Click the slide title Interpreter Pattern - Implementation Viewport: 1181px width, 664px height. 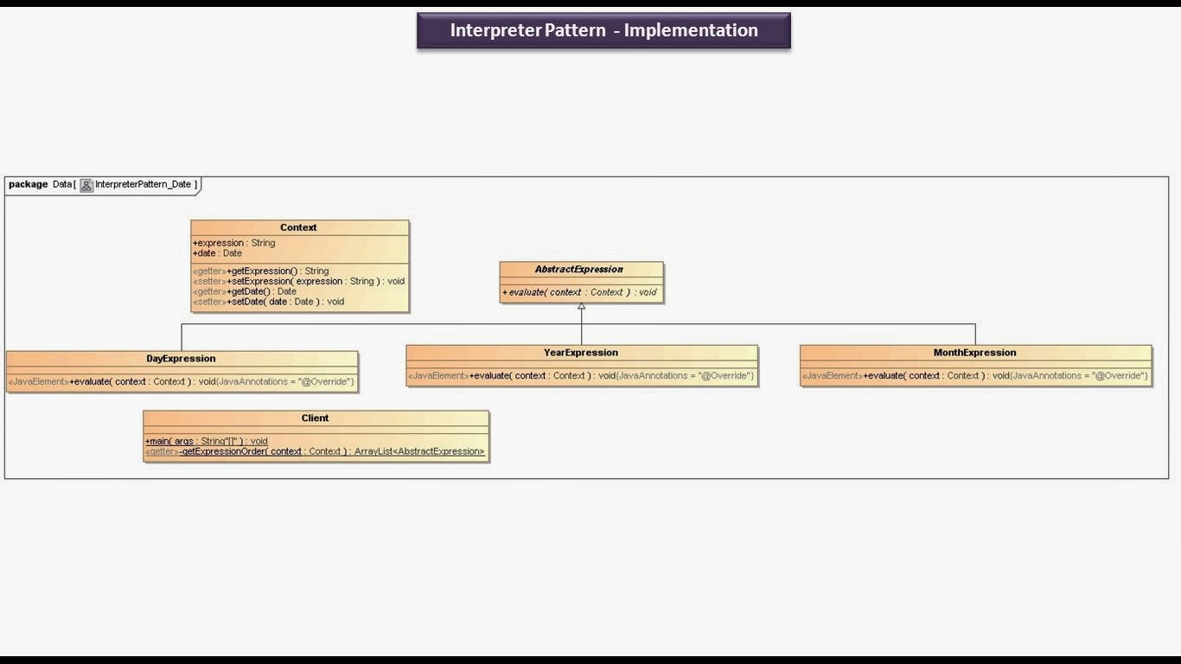(603, 30)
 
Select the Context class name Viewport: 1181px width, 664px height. (298, 227)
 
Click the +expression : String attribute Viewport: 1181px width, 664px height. (233, 243)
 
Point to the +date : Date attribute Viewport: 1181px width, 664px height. (217, 253)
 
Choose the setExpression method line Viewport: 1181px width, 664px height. (298, 281)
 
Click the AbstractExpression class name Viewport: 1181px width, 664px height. (579, 269)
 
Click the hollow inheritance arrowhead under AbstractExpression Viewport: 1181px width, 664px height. (581, 307)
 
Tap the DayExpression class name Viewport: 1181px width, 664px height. (181, 358)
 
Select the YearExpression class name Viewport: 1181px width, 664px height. (581, 352)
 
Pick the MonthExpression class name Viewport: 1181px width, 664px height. (974, 352)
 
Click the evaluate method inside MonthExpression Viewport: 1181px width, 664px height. (974, 375)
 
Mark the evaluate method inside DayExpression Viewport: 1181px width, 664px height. (181, 381)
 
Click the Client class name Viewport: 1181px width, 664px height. (315, 418)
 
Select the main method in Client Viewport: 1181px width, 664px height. (207, 441)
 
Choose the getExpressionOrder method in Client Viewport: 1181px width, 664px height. (315, 451)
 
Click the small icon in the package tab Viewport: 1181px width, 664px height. (86, 185)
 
